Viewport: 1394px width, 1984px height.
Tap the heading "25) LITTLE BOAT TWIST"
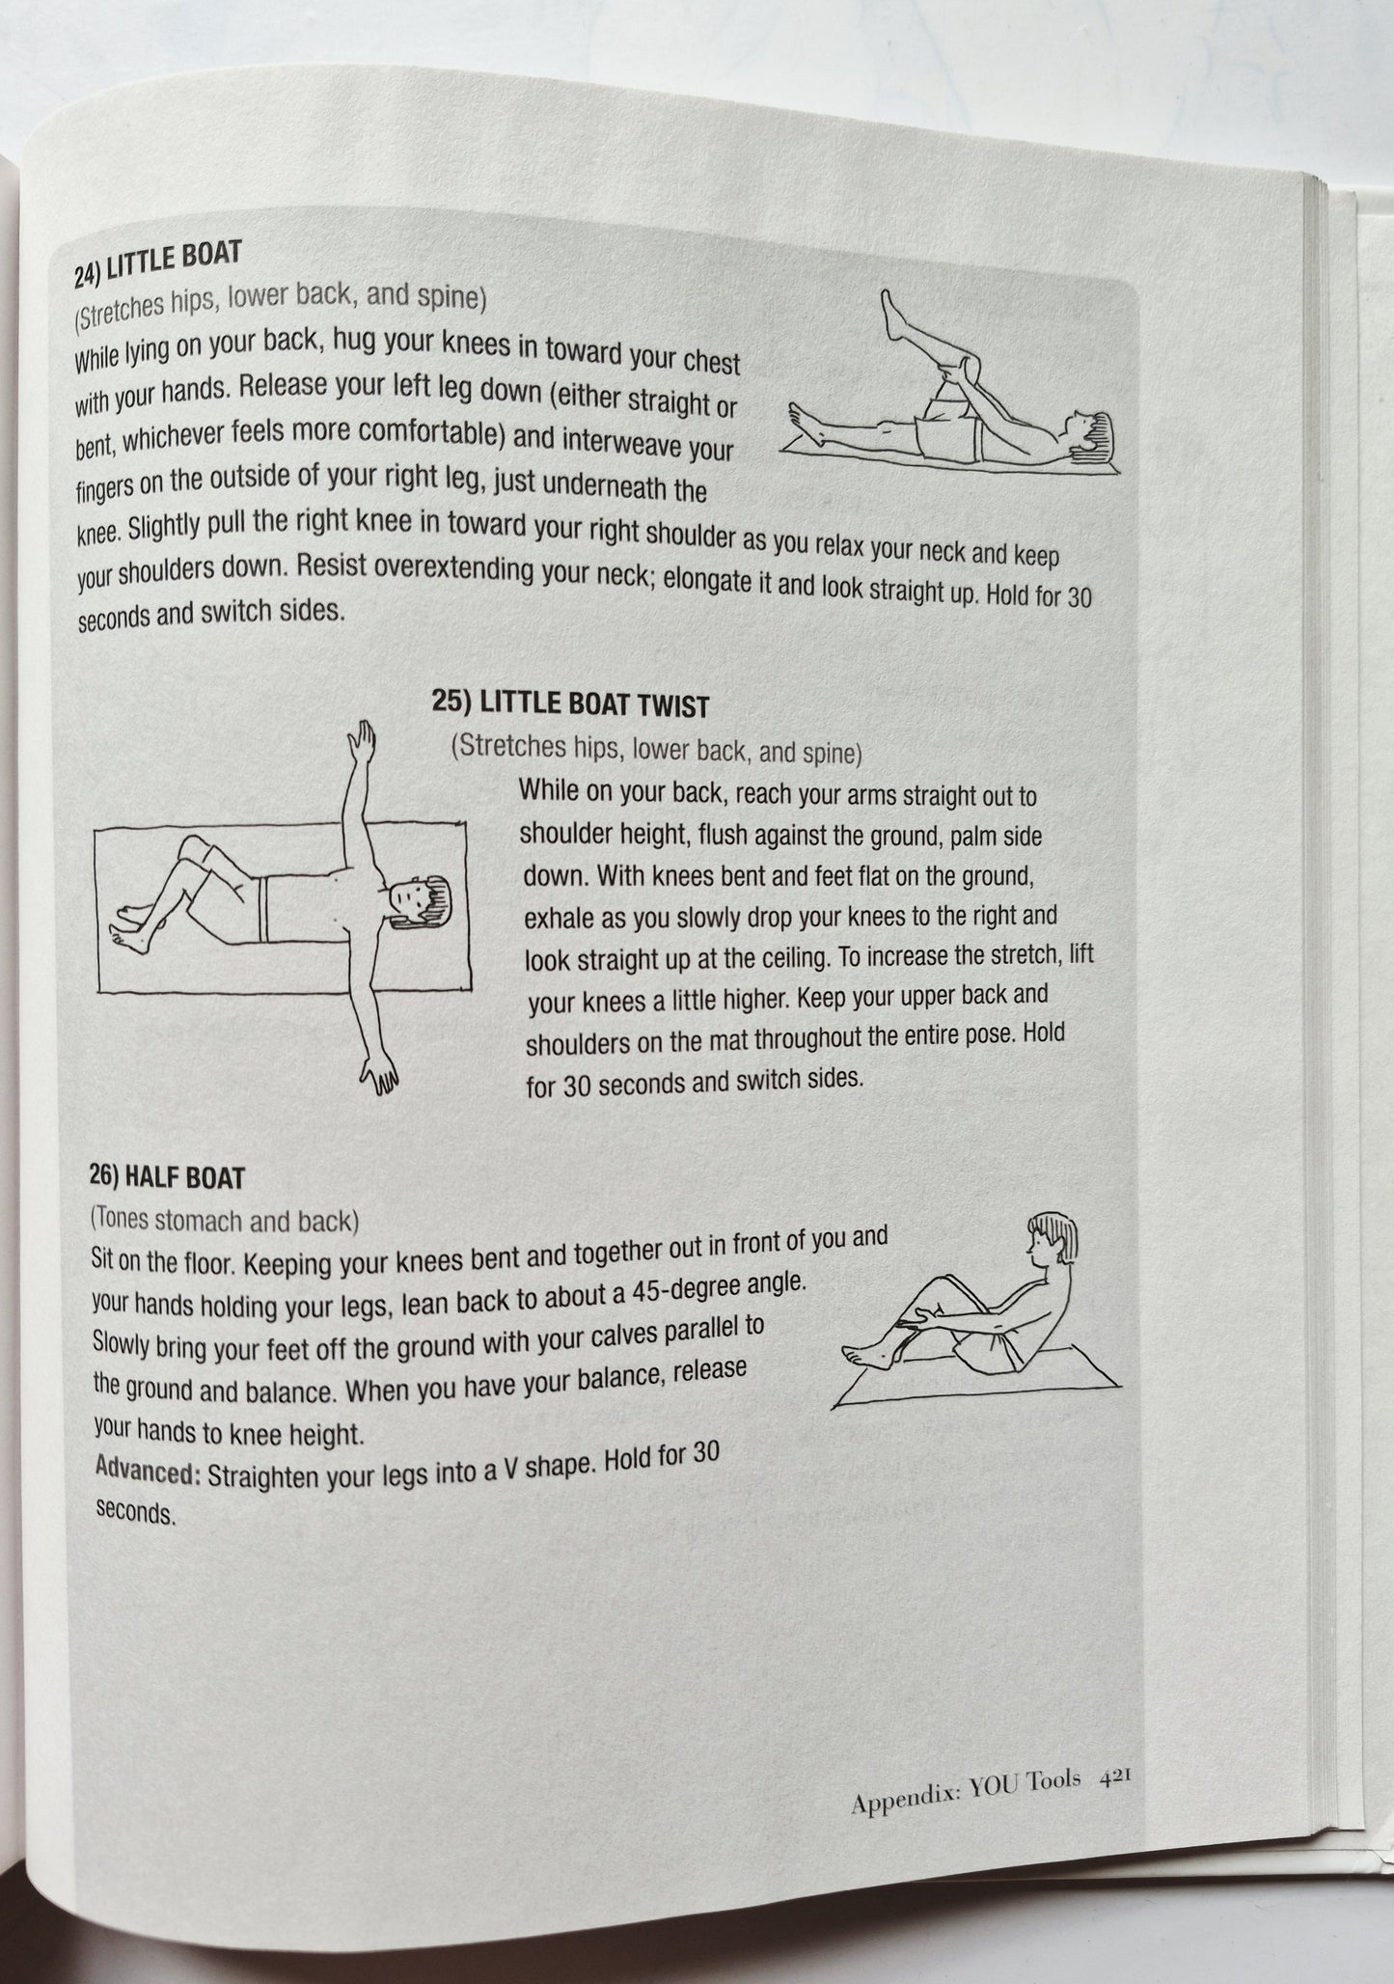click(570, 703)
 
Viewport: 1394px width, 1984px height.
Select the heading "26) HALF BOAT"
click(167, 1176)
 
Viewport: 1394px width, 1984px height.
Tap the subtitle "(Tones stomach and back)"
click(224, 1221)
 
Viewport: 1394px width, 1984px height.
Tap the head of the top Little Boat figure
click(1088, 433)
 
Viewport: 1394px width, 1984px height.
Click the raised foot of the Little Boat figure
click(893, 309)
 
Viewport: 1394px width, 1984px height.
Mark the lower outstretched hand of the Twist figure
click(380, 1076)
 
